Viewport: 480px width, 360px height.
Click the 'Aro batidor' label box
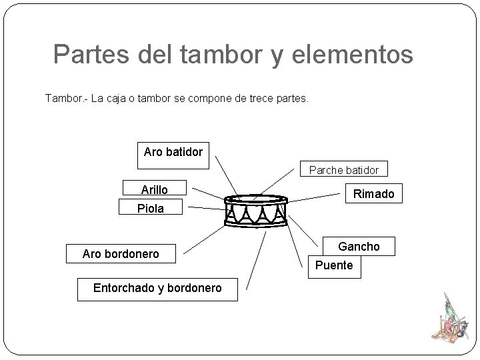[x=173, y=152]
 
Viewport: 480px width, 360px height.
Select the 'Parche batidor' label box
[x=343, y=170]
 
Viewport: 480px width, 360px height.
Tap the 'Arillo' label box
[x=154, y=190]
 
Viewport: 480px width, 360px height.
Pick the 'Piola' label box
[x=151, y=209]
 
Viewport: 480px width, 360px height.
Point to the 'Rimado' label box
[x=373, y=194]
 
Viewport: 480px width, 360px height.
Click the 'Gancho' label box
[x=359, y=247]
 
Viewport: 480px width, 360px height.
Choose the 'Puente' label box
[x=334, y=265]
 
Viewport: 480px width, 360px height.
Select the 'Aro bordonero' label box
[x=121, y=254]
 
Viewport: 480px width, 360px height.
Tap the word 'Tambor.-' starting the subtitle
[x=65, y=99]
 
